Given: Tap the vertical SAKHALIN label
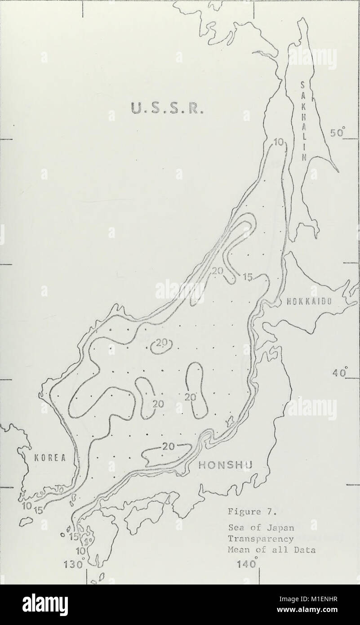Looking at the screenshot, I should coord(303,122).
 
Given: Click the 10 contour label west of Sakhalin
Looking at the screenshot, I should coord(278,143).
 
